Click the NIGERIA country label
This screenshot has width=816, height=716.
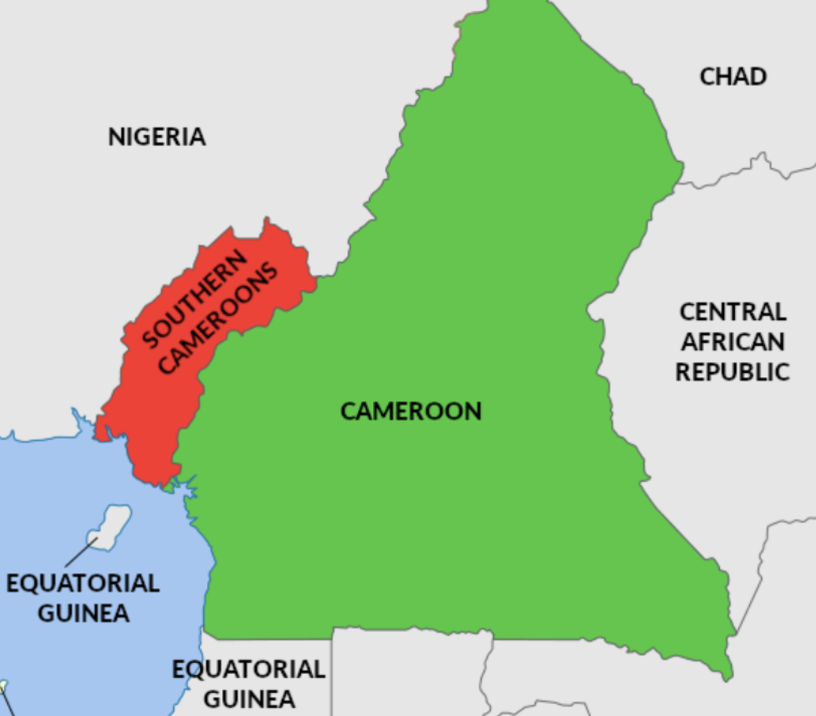pos(156,137)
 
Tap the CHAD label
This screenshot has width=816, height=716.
pos(733,76)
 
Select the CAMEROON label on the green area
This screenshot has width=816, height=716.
pos(410,411)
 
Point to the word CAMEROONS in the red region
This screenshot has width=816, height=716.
pos(219,318)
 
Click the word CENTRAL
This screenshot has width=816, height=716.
pos(733,311)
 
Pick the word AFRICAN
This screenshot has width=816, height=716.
pos(733,342)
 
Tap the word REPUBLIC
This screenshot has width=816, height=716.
pos(733,371)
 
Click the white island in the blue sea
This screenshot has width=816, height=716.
pos(111,524)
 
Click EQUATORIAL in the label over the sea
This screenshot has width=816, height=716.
pos(83,583)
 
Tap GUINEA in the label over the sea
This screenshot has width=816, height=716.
pos(83,614)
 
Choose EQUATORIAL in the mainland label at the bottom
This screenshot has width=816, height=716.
pos(248,669)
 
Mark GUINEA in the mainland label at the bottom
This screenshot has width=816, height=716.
pos(248,699)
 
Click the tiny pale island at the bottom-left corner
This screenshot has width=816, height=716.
pos(2,687)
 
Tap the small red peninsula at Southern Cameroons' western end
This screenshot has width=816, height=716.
pos(102,429)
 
